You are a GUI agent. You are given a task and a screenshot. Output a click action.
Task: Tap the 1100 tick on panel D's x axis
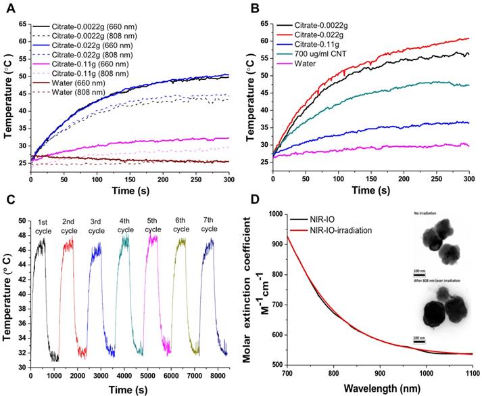pyautogui.click(x=471, y=376)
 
